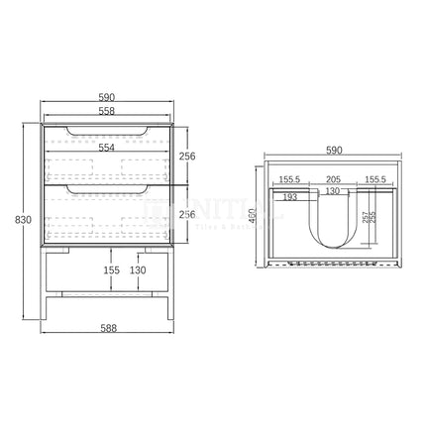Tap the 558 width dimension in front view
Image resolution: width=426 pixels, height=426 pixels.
(x=107, y=112)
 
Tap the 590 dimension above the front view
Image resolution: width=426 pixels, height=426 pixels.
(x=107, y=97)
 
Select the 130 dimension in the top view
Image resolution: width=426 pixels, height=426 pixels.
(x=334, y=190)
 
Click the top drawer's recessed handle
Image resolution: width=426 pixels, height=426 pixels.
(x=107, y=132)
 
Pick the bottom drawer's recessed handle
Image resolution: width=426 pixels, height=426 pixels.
(x=107, y=188)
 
